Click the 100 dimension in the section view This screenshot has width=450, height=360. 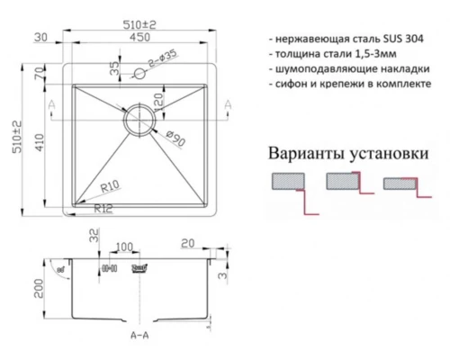(124, 246)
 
